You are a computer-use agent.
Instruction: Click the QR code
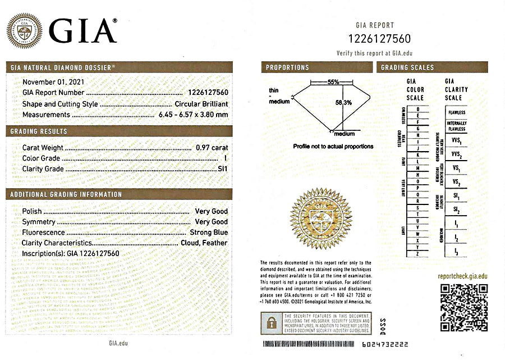463,307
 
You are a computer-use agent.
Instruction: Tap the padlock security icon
271,322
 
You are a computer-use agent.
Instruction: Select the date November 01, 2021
48,82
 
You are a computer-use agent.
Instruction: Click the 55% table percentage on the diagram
333,82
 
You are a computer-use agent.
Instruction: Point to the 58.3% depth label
343,103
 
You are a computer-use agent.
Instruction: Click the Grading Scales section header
407,67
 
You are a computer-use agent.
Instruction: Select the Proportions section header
287,67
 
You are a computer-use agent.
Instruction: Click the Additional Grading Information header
66,194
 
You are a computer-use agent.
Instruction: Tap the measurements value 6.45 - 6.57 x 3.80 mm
191,115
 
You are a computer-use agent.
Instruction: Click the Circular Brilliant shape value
201,104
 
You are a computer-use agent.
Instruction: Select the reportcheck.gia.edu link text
463,276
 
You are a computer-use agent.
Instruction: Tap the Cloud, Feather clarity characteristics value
204,243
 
